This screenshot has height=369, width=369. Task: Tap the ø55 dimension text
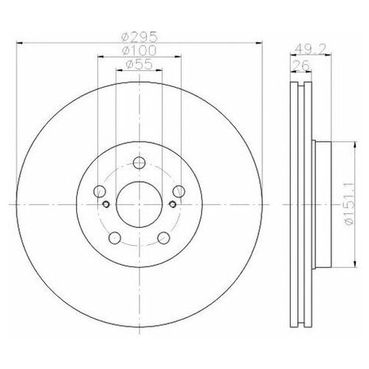coord(136,66)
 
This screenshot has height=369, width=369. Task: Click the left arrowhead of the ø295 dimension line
coord(18,41)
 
